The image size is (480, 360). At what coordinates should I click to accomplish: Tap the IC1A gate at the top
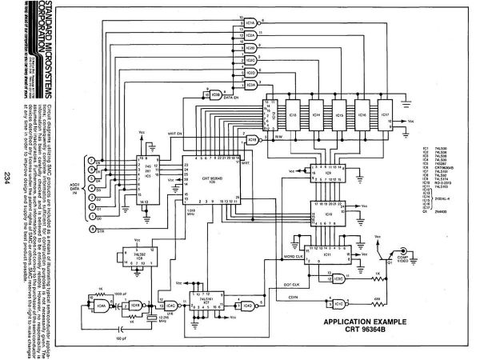point(250,24)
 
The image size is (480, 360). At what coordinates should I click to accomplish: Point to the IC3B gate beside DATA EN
point(214,93)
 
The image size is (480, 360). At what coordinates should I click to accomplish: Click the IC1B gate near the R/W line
point(254,139)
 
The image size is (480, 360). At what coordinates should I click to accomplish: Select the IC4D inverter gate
point(249,305)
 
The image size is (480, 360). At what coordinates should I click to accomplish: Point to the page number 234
point(6,178)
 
